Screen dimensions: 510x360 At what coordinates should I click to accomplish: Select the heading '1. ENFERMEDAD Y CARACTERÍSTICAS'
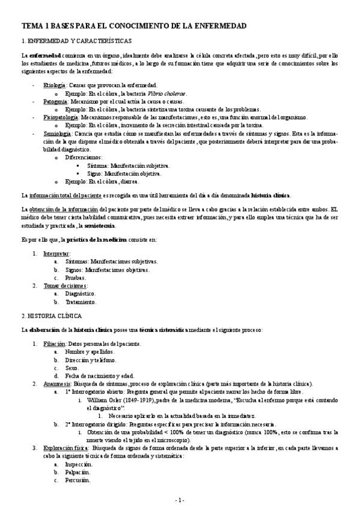tap(77, 41)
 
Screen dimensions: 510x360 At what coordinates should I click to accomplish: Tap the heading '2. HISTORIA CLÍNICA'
tap(52, 315)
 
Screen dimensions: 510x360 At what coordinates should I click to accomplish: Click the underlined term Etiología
tap(54, 86)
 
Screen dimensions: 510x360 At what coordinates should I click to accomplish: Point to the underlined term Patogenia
tap(55, 102)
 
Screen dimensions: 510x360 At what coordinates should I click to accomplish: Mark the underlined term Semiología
tap(56, 134)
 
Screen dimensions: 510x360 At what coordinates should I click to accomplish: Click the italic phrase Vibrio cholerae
tap(168, 94)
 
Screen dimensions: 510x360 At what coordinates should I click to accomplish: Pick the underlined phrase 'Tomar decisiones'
tap(65, 286)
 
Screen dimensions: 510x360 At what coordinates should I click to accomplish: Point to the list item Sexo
tap(72, 367)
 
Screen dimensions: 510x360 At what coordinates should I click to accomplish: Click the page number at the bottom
tap(180, 500)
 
